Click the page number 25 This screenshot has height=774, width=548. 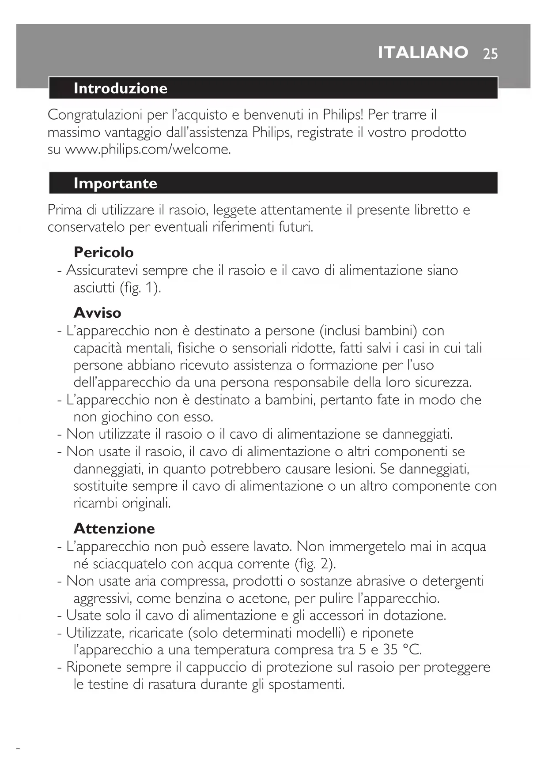(x=490, y=54)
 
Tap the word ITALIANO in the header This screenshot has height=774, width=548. (x=423, y=53)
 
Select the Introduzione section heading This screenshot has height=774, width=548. (x=120, y=88)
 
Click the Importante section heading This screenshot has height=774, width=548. (x=115, y=183)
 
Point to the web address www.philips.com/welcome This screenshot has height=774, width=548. (x=148, y=150)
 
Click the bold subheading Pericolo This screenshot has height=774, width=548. (x=103, y=252)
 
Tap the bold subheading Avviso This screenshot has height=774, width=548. (x=97, y=313)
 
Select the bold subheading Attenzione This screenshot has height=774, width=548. (x=114, y=529)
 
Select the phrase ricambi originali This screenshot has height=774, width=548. (x=122, y=503)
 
